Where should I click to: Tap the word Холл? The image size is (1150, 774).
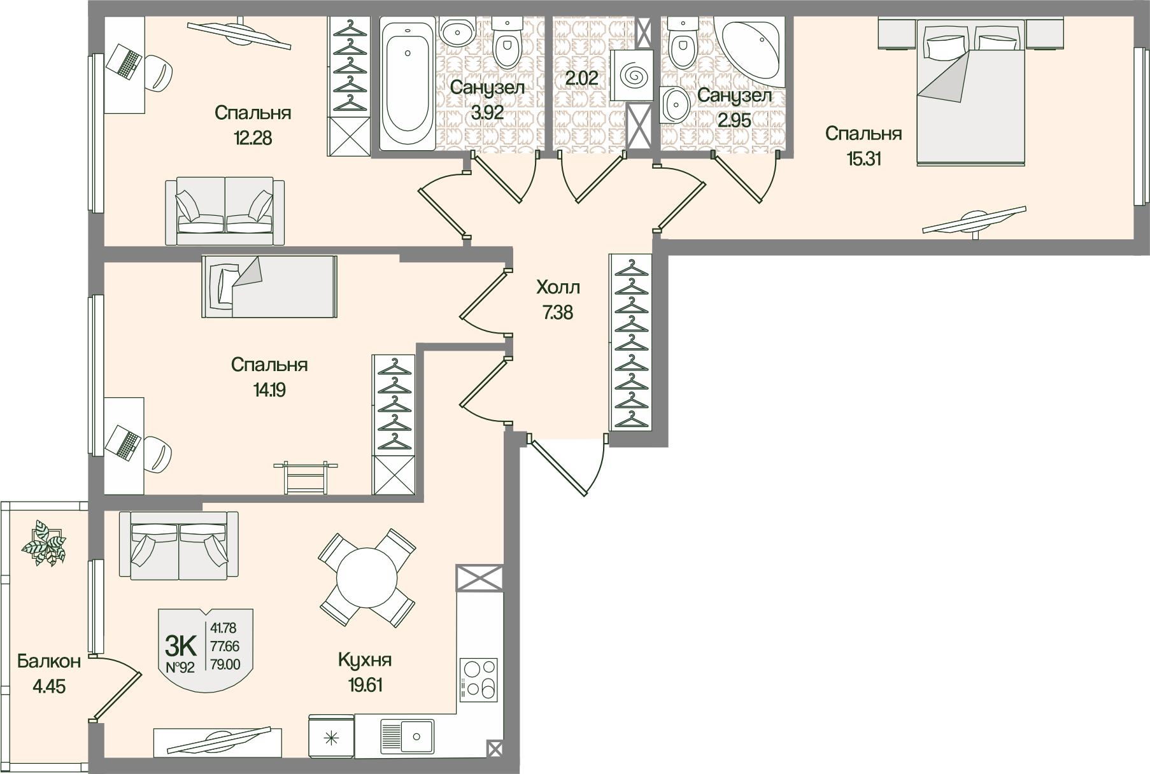pos(558,288)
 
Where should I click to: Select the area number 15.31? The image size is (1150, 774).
pos(863,158)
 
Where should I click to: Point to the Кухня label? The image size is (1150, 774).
pos(365,660)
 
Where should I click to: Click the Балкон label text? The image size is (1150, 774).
pos(49,661)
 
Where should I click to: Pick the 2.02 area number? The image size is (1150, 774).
pos(582,78)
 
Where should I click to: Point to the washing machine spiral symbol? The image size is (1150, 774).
pos(632,76)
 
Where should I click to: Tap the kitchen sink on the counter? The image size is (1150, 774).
pos(407,736)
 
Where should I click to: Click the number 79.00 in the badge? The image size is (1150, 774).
pos(224,665)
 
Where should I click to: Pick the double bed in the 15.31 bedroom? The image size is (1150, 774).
pos(970,91)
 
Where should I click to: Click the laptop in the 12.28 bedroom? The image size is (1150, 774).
pos(124,62)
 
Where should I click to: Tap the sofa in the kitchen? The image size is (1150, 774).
pos(179,545)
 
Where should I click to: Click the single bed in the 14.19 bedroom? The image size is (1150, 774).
pos(269,286)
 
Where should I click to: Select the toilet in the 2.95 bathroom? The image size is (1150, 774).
pos(683,45)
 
